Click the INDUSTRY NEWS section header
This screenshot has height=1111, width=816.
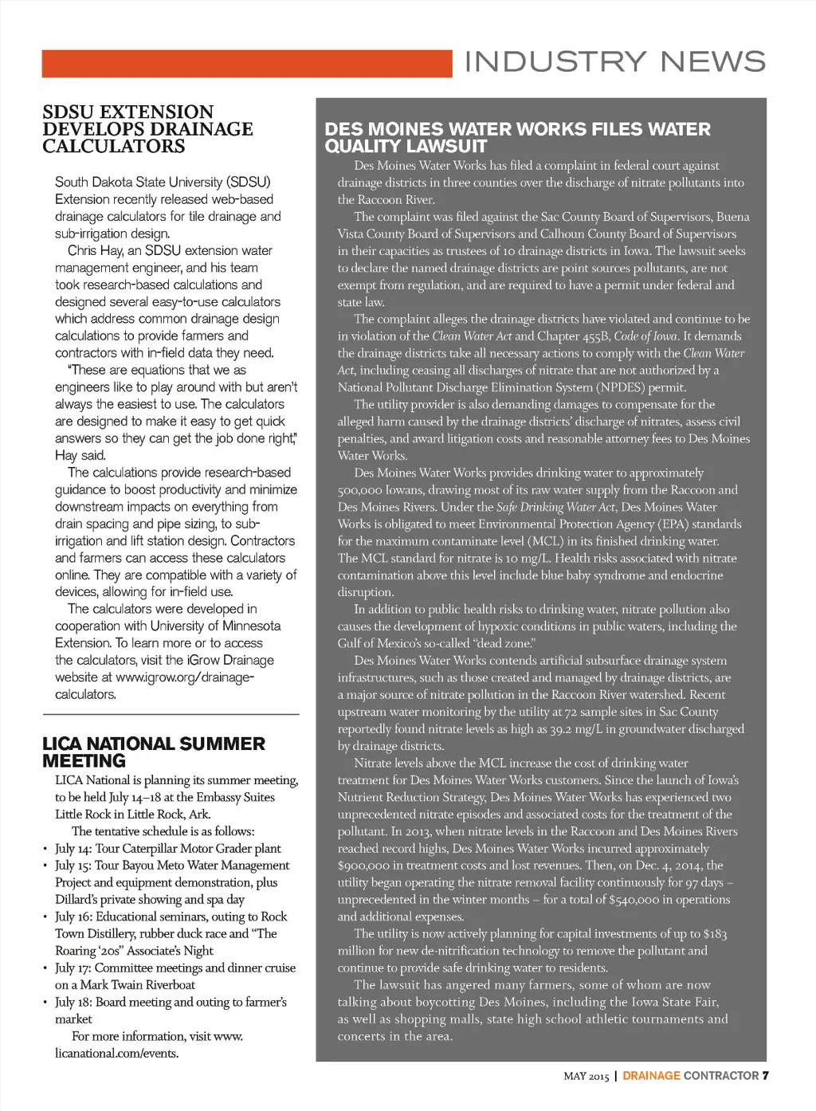(x=614, y=62)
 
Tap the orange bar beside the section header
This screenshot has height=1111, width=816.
(x=247, y=64)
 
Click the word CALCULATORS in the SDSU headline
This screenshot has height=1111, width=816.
(x=114, y=147)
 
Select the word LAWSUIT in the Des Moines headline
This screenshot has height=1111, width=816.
(x=447, y=147)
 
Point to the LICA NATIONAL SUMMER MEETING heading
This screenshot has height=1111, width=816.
(x=153, y=752)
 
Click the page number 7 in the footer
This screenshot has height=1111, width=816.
(x=765, y=1075)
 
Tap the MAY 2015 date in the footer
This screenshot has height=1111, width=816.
(x=586, y=1076)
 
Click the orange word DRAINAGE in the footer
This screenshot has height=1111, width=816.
(x=651, y=1076)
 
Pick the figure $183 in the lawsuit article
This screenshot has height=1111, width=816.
(x=715, y=934)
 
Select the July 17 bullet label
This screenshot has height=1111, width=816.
(x=73, y=968)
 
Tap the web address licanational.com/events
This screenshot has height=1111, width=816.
(x=116, y=1054)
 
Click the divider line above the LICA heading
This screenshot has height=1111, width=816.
(x=171, y=714)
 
